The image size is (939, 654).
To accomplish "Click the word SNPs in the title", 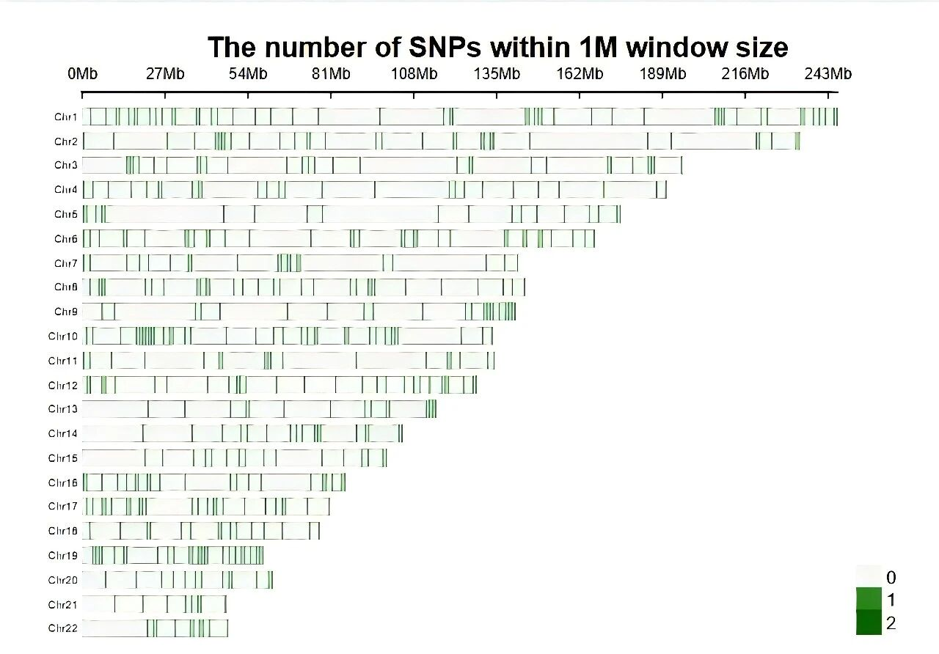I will click(x=443, y=48).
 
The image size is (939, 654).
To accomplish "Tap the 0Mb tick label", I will click(x=82, y=74).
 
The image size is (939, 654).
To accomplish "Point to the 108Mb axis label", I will click(x=414, y=74).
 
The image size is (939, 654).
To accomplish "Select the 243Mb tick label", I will click(x=828, y=74).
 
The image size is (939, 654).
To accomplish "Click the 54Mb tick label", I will click(x=248, y=74).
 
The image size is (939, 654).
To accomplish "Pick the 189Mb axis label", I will click(x=662, y=74).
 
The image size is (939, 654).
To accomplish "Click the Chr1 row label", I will click(x=65, y=117).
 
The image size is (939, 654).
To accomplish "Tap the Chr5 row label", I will click(x=65, y=214).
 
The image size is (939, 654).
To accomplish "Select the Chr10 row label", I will click(x=63, y=337).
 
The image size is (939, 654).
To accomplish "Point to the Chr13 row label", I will click(x=63, y=408).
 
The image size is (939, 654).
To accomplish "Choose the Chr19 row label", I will click(x=63, y=555).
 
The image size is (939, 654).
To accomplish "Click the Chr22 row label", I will click(x=63, y=628).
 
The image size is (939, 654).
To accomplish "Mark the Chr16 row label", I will click(x=63, y=482).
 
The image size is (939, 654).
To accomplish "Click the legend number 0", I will click(x=891, y=578).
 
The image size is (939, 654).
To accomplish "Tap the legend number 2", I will click(x=891, y=624).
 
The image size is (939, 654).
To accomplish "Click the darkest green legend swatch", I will click(x=869, y=623).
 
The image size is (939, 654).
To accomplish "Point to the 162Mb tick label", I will click(x=580, y=74).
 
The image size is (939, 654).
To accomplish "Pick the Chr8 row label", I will click(x=65, y=287).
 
